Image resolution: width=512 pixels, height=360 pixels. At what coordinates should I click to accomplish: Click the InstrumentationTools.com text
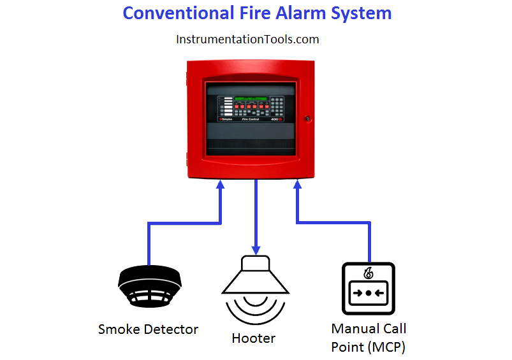(247, 40)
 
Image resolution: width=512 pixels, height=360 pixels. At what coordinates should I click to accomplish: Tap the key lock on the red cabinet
(307, 119)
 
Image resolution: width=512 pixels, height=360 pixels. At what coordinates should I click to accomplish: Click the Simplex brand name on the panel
(228, 119)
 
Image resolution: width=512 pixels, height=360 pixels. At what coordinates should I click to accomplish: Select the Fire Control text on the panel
(253, 119)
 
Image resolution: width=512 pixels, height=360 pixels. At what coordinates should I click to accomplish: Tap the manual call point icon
(369, 288)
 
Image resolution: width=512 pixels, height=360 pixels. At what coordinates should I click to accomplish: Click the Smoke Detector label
(148, 329)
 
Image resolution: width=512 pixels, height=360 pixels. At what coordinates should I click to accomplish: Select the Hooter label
(254, 338)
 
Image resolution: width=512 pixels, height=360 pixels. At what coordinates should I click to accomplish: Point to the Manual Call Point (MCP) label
(369, 338)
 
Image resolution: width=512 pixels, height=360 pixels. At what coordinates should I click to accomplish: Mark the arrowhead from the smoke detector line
(221, 185)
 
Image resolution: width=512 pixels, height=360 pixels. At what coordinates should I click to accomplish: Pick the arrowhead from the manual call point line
(297, 185)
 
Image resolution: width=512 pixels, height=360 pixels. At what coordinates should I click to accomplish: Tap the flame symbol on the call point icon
(369, 273)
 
